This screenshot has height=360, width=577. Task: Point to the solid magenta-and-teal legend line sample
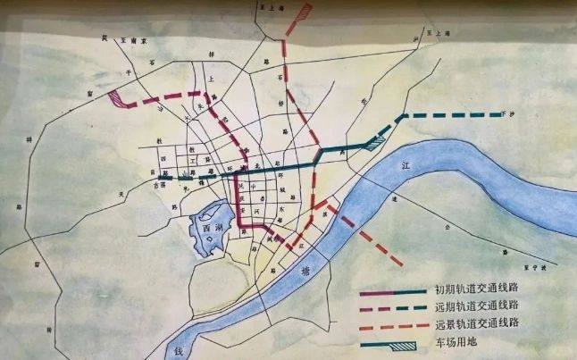click(x=394, y=291)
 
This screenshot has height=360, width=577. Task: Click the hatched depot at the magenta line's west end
click(x=117, y=99)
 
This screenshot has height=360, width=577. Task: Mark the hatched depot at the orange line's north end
click(x=305, y=13)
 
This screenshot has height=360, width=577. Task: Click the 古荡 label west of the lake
click(x=160, y=186)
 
